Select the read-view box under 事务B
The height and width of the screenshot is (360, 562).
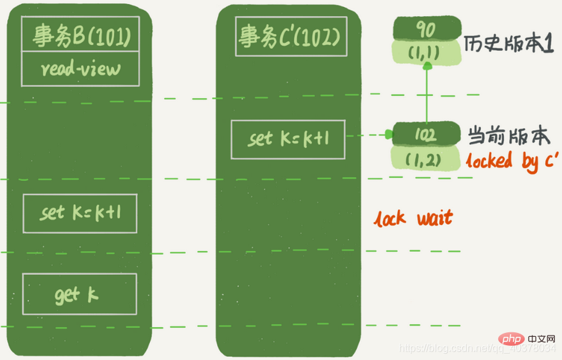pyautogui.click(x=80, y=70)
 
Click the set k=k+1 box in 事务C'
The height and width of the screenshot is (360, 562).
pyautogui.click(x=288, y=139)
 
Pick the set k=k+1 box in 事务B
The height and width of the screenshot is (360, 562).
pyautogui.click(x=80, y=213)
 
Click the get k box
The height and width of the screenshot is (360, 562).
pyautogui.click(x=80, y=295)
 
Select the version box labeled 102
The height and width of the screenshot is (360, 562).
pyautogui.click(x=426, y=135)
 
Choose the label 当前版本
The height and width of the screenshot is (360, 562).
pyautogui.click(x=508, y=136)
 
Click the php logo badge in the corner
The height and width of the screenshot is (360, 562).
pyautogui.click(x=512, y=339)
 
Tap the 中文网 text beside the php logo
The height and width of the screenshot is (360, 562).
pyautogui.click(x=541, y=339)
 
